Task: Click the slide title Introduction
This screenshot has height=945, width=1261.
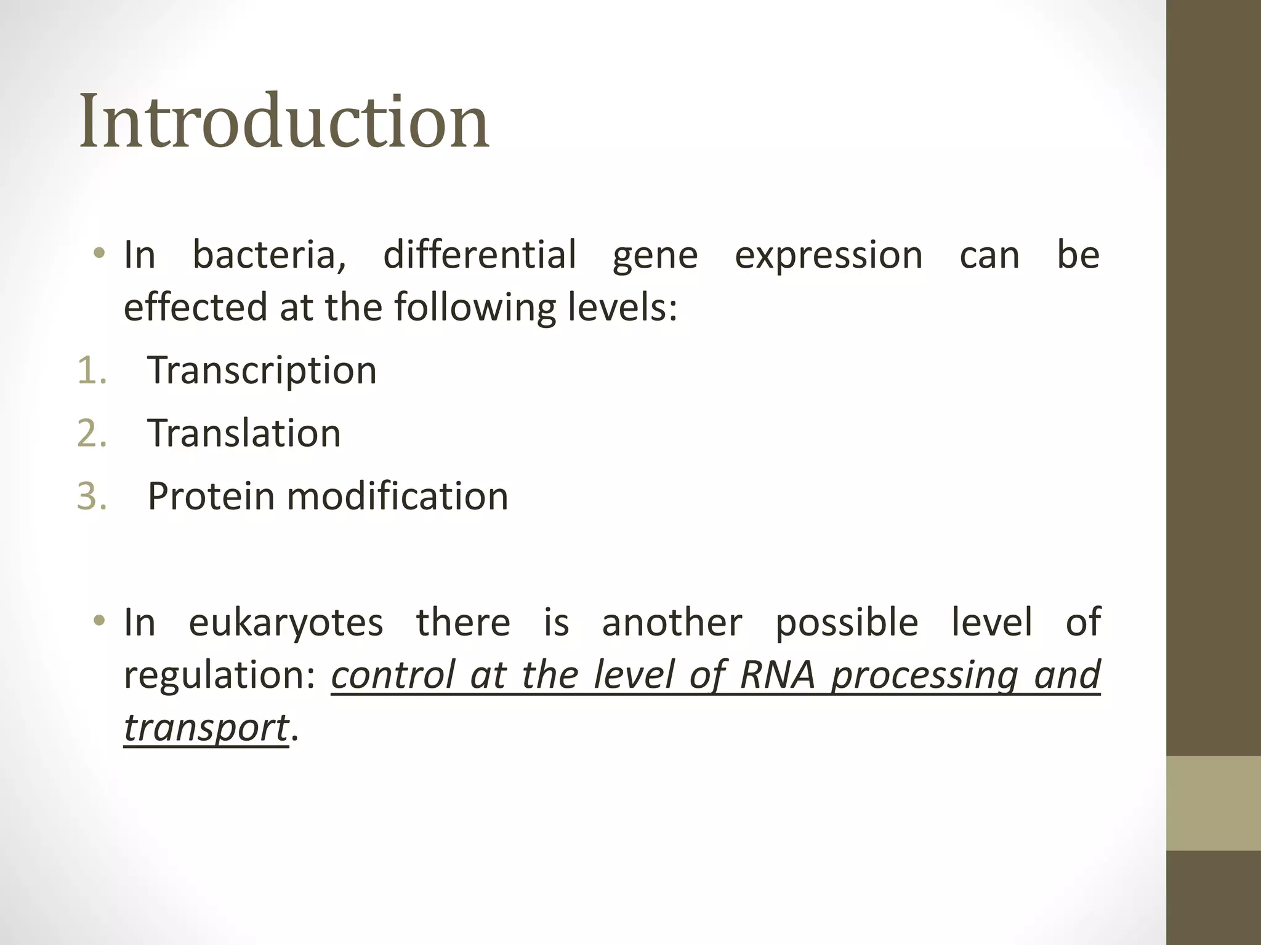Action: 284,121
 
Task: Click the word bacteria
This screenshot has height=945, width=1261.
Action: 269,255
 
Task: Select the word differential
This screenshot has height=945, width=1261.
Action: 480,255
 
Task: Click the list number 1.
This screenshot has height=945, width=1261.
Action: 92,371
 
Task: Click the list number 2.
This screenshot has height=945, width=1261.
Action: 92,434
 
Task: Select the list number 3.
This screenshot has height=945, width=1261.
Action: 92,496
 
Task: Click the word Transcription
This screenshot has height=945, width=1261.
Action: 262,371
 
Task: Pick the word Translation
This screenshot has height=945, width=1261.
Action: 244,433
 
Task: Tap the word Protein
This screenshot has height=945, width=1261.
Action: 211,496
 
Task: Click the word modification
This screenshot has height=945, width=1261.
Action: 397,496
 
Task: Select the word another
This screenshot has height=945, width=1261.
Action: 671,623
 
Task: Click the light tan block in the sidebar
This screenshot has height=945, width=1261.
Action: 1213,803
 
